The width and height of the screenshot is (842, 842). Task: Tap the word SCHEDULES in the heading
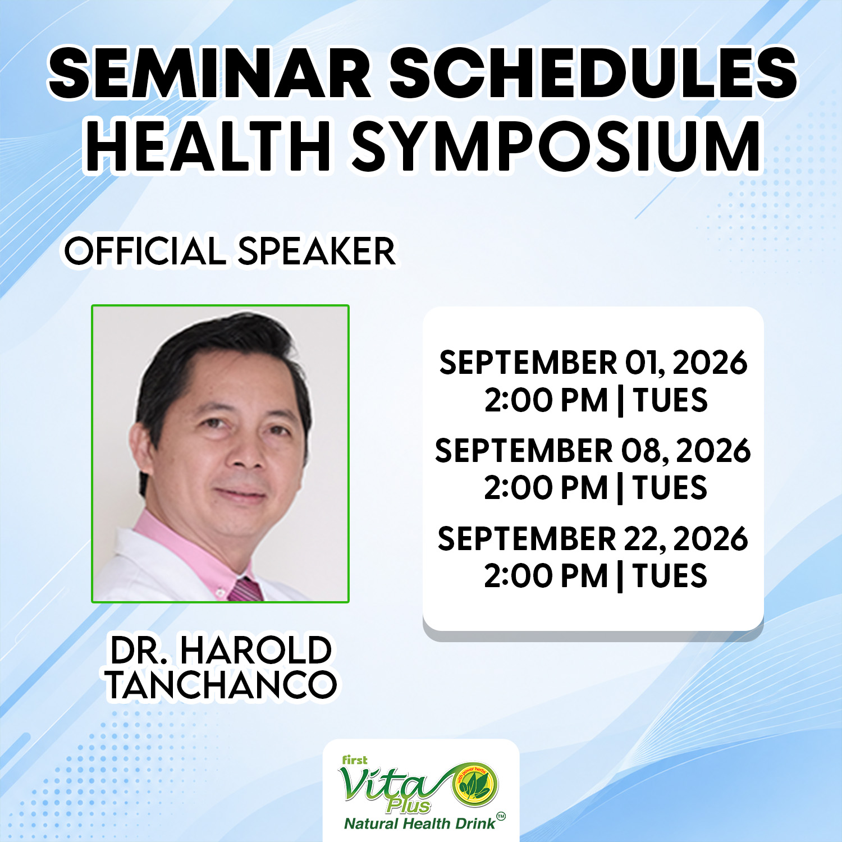[x=593, y=73]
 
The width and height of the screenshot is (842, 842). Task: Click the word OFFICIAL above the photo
[x=145, y=251]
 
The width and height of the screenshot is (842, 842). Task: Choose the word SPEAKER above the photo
[x=317, y=251]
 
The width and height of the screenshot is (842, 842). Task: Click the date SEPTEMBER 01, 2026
[x=593, y=363]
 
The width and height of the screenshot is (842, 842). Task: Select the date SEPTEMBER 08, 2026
[x=593, y=451]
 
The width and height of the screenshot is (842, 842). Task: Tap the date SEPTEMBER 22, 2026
[x=593, y=539]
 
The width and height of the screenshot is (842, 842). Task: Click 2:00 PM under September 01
[x=546, y=401]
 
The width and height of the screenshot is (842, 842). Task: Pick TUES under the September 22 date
[x=670, y=576]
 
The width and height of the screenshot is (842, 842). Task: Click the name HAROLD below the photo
[x=255, y=651]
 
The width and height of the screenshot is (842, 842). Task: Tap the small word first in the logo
[x=355, y=760]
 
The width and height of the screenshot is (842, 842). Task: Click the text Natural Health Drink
[x=420, y=823]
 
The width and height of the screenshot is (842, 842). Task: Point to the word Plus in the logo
[x=408, y=807]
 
